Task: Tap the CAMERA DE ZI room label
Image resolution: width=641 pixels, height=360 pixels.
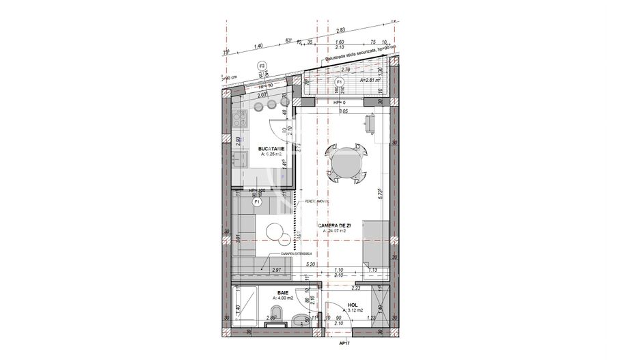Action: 335,225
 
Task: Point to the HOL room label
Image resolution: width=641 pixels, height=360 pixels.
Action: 353,306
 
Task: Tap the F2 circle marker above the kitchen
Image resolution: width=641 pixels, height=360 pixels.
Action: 261,66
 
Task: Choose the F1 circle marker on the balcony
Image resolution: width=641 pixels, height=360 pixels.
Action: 340,82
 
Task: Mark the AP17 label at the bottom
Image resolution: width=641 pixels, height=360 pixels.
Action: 344,344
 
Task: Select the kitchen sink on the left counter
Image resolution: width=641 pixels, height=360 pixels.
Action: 240,162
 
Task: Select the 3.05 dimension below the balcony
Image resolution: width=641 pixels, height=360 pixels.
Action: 344,110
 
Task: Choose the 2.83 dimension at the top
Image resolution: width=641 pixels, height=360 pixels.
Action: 341,29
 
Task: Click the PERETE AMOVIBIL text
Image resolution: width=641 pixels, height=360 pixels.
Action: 317,202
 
